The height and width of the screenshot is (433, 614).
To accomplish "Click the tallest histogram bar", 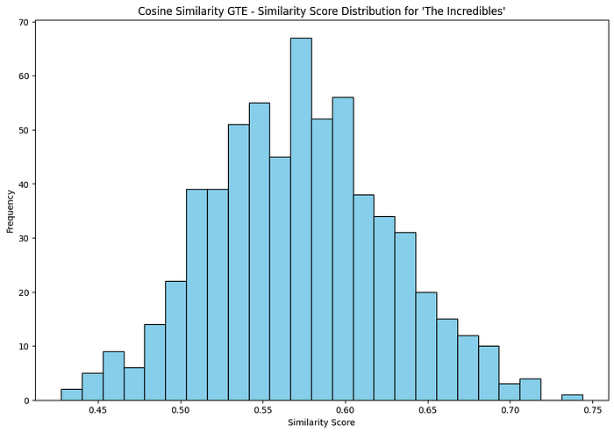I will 301,219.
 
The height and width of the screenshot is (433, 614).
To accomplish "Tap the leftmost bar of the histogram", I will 71,394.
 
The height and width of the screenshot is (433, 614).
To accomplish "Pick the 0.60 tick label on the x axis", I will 345,410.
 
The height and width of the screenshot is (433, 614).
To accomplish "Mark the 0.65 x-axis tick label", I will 427,410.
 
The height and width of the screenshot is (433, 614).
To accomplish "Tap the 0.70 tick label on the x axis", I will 510,410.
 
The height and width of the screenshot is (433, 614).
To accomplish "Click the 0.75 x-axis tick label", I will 592,410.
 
